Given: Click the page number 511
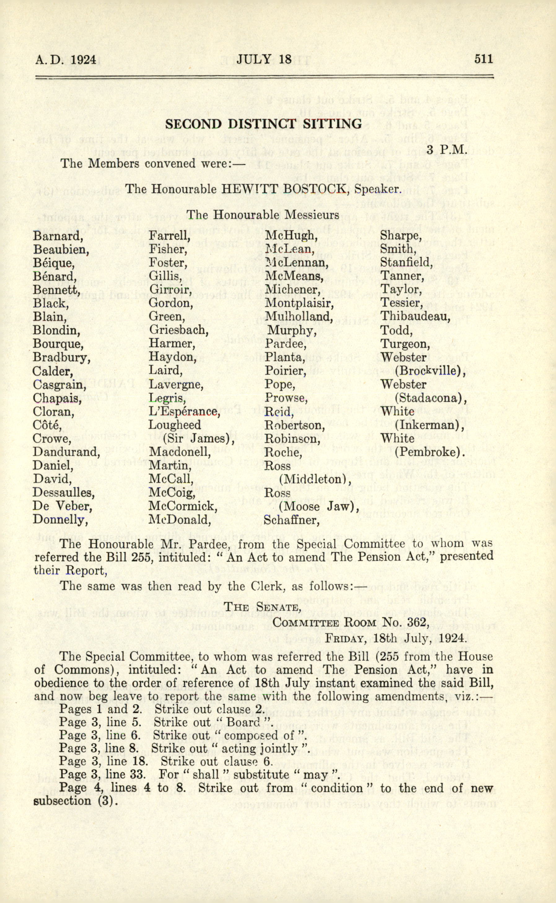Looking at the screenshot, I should pyautogui.click(x=483, y=59).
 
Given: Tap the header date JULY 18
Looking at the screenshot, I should pyautogui.click(x=264, y=59).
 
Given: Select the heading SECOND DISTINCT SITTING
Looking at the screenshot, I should pyautogui.click(x=263, y=124).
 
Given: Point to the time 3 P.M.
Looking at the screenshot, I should pyautogui.click(x=447, y=150).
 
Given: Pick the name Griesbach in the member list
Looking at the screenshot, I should pyautogui.click(x=178, y=330).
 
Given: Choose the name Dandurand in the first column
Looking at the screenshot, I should pyautogui.click(x=66, y=452).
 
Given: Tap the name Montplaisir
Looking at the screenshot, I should pyautogui.click(x=299, y=303).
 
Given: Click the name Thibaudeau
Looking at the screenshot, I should pyautogui.click(x=415, y=316).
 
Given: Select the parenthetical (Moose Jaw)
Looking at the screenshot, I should pyautogui.click(x=318, y=506).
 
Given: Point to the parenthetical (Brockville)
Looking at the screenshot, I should pyautogui.click(x=430, y=371).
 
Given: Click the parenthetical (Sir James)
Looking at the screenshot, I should pyautogui.click(x=198, y=438).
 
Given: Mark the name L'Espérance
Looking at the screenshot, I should pyautogui.click(x=184, y=412).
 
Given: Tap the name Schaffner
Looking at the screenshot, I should pyautogui.click(x=291, y=520).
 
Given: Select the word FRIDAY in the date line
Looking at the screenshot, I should pyautogui.click(x=345, y=639).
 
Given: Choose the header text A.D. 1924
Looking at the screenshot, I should pyautogui.click(x=65, y=59).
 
